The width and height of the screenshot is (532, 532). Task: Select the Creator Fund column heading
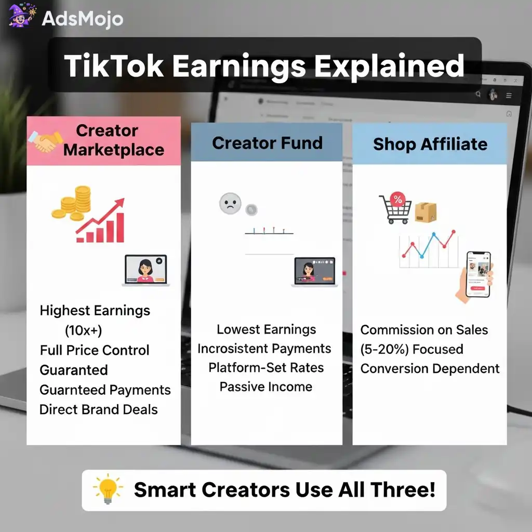click(267, 143)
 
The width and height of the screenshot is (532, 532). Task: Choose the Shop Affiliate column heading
click(430, 144)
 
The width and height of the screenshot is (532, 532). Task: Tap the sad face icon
click(230, 203)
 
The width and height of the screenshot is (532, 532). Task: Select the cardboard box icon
click(425, 211)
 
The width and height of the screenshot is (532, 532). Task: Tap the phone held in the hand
click(478, 274)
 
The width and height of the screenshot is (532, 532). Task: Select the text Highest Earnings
click(95, 311)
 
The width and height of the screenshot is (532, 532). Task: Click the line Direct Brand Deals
click(99, 409)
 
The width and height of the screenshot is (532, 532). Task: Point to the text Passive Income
click(266, 387)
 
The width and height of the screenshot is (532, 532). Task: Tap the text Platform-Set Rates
click(266, 368)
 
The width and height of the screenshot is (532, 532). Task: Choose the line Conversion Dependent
click(430, 369)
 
